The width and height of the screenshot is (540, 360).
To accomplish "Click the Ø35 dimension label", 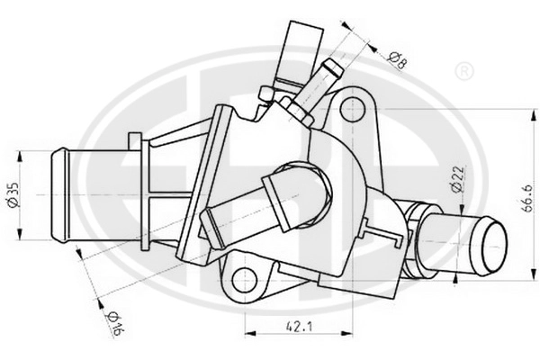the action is pyautogui.click(x=13, y=195).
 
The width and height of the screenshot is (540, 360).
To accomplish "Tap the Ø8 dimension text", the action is pyautogui.click(x=397, y=60).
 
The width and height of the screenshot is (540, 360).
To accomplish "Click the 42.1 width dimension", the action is pyautogui.click(x=299, y=326).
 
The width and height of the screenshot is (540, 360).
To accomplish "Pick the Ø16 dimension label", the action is pyautogui.click(x=114, y=323).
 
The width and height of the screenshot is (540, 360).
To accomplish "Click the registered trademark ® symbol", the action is pyautogui.click(x=463, y=72).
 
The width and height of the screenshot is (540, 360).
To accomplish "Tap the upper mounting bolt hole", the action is pyautogui.click(x=352, y=109).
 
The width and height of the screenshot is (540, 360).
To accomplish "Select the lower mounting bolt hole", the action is pyautogui.click(x=245, y=279).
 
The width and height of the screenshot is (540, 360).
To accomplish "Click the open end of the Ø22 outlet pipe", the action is pyautogui.click(x=494, y=246).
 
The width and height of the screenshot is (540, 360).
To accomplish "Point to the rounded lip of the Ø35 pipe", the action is pyautogui.click(x=60, y=194).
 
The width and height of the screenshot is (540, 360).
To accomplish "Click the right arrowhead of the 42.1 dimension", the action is pyautogui.click(x=346, y=333).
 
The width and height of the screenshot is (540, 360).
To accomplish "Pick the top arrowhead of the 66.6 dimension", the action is pyautogui.click(x=534, y=115).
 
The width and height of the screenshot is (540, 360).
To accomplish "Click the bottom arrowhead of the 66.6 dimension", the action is pyautogui.click(x=534, y=274).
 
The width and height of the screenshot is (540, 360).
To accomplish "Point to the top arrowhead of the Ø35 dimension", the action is pyautogui.click(x=20, y=157).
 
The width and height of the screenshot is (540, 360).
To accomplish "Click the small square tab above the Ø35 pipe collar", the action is pyautogui.click(x=135, y=141).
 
